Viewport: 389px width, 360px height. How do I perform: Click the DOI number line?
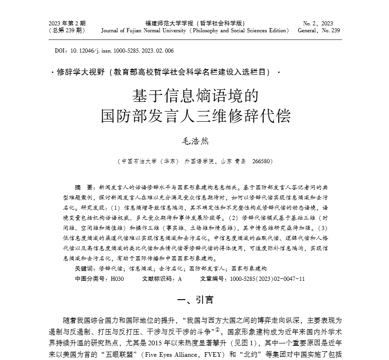[114, 51]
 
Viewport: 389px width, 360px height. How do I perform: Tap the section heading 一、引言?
[194, 300]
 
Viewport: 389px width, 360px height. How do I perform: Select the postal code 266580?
[263, 161]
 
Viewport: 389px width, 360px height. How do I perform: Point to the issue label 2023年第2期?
[67, 23]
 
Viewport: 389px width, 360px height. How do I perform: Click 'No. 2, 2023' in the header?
[318, 23]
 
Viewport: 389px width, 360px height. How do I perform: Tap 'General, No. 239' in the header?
[319, 31]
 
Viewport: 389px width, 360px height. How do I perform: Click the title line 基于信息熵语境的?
[194, 95]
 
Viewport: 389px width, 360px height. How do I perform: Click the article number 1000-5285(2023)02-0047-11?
[267, 279]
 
